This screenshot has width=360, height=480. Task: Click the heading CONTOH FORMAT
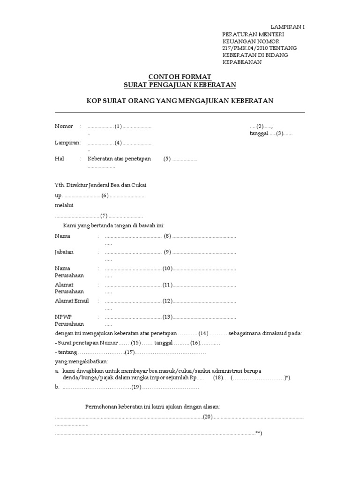(x=180, y=76)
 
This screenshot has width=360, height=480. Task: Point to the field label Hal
(x=59, y=159)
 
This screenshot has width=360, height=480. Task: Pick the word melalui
(x=64, y=205)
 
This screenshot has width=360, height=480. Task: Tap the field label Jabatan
(x=64, y=252)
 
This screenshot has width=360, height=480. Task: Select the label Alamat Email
(x=72, y=301)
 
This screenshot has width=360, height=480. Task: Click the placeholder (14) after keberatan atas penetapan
(x=203, y=333)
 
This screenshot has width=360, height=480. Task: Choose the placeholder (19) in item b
(x=136, y=387)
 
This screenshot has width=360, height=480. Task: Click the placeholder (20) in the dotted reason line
(x=208, y=417)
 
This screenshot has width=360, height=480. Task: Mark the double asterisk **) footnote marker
(x=259, y=433)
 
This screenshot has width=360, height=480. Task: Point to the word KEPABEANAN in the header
(x=242, y=62)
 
